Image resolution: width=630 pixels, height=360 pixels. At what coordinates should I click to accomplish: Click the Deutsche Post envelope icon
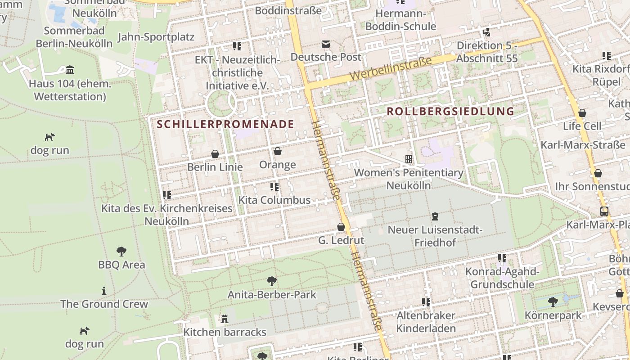(x=325, y=44)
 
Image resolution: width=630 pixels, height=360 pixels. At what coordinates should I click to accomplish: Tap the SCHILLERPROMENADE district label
(x=225, y=124)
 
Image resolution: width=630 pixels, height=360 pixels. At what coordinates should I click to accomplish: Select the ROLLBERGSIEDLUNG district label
(x=450, y=111)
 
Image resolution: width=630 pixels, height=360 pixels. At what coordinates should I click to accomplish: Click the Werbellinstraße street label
(x=390, y=68)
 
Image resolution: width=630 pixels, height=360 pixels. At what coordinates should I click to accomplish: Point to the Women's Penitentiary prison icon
(x=409, y=159)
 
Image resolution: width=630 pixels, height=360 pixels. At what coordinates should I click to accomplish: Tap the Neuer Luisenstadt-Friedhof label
(x=435, y=236)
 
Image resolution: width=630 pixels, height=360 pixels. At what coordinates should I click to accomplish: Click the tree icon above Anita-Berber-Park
(x=271, y=281)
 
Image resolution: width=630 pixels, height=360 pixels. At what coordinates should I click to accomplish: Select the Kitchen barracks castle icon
(x=224, y=319)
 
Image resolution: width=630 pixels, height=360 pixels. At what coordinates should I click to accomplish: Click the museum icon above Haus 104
(x=70, y=70)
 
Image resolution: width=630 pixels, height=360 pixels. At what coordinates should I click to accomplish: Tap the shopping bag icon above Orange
(x=278, y=151)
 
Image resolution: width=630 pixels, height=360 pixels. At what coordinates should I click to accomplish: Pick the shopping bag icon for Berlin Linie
(x=215, y=154)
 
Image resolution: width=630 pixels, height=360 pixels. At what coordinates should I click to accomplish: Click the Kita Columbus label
(x=274, y=200)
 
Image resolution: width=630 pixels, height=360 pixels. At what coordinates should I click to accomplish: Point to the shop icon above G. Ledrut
(x=341, y=227)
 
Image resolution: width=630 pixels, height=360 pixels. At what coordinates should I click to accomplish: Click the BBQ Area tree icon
(x=121, y=251)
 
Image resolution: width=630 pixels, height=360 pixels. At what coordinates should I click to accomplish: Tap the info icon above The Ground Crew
(x=104, y=291)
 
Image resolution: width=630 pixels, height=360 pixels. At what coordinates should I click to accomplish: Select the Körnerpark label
(x=553, y=315)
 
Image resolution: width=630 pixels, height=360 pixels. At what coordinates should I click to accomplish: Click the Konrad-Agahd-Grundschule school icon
(x=502, y=258)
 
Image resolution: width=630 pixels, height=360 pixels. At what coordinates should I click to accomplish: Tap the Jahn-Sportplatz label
(x=156, y=37)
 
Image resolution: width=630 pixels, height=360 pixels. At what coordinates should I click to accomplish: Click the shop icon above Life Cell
(x=582, y=112)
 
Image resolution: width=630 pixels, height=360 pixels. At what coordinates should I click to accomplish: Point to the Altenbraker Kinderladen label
(x=426, y=322)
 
